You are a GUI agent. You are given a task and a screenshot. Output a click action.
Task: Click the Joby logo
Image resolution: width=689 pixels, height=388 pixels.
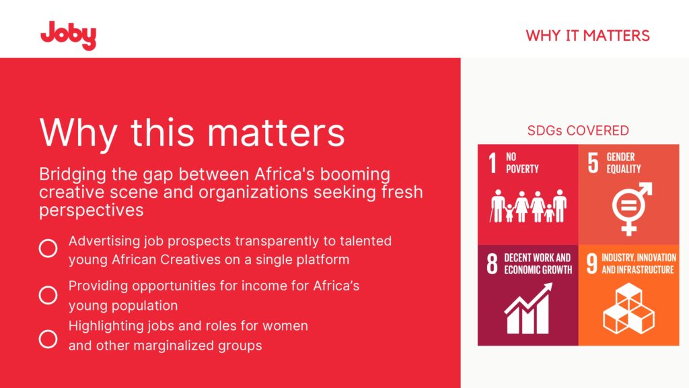pyautogui.click(x=68, y=35)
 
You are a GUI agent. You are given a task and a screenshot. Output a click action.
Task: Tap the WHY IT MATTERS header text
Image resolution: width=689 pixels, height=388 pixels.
pyautogui.click(x=587, y=36)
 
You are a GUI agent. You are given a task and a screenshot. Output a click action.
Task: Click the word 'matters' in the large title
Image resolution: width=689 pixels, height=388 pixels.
pyautogui.click(x=276, y=133)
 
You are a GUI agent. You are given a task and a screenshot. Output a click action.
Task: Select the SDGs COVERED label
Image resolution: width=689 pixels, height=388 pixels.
pyautogui.click(x=578, y=130)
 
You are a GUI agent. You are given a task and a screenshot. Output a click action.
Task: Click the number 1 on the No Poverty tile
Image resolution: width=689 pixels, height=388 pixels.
pyautogui.click(x=493, y=163)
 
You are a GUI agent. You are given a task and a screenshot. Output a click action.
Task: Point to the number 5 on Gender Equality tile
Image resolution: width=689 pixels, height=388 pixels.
pyautogui.click(x=593, y=163)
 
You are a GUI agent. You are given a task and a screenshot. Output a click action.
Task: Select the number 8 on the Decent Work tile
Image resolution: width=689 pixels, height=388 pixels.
pyautogui.click(x=492, y=263)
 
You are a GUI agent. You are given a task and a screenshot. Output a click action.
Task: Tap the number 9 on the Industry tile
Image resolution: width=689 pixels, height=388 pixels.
pyautogui.click(x=592, y=263)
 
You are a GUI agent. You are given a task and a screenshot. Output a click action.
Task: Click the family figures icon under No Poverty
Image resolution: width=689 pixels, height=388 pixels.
pyautogui.click(x=528, y=206)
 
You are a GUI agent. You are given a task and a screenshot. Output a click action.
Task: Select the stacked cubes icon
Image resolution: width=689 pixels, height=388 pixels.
pyautogui.click(x=629, y=309)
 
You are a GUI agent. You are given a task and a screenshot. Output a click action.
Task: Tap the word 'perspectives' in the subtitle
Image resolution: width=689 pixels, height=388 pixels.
pyautogui.click(x=92, y=211)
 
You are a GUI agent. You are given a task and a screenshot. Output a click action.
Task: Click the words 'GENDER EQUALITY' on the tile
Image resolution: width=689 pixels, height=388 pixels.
pyautogui.click(x=624, y=163)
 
